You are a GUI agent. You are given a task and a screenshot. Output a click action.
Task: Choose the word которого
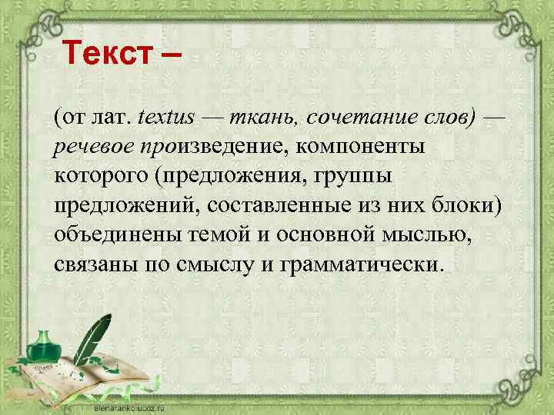tap(100, 175)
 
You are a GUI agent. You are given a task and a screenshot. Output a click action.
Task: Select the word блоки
tap(462, 206)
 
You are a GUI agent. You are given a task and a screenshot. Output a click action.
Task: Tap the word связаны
tap(87, 265)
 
